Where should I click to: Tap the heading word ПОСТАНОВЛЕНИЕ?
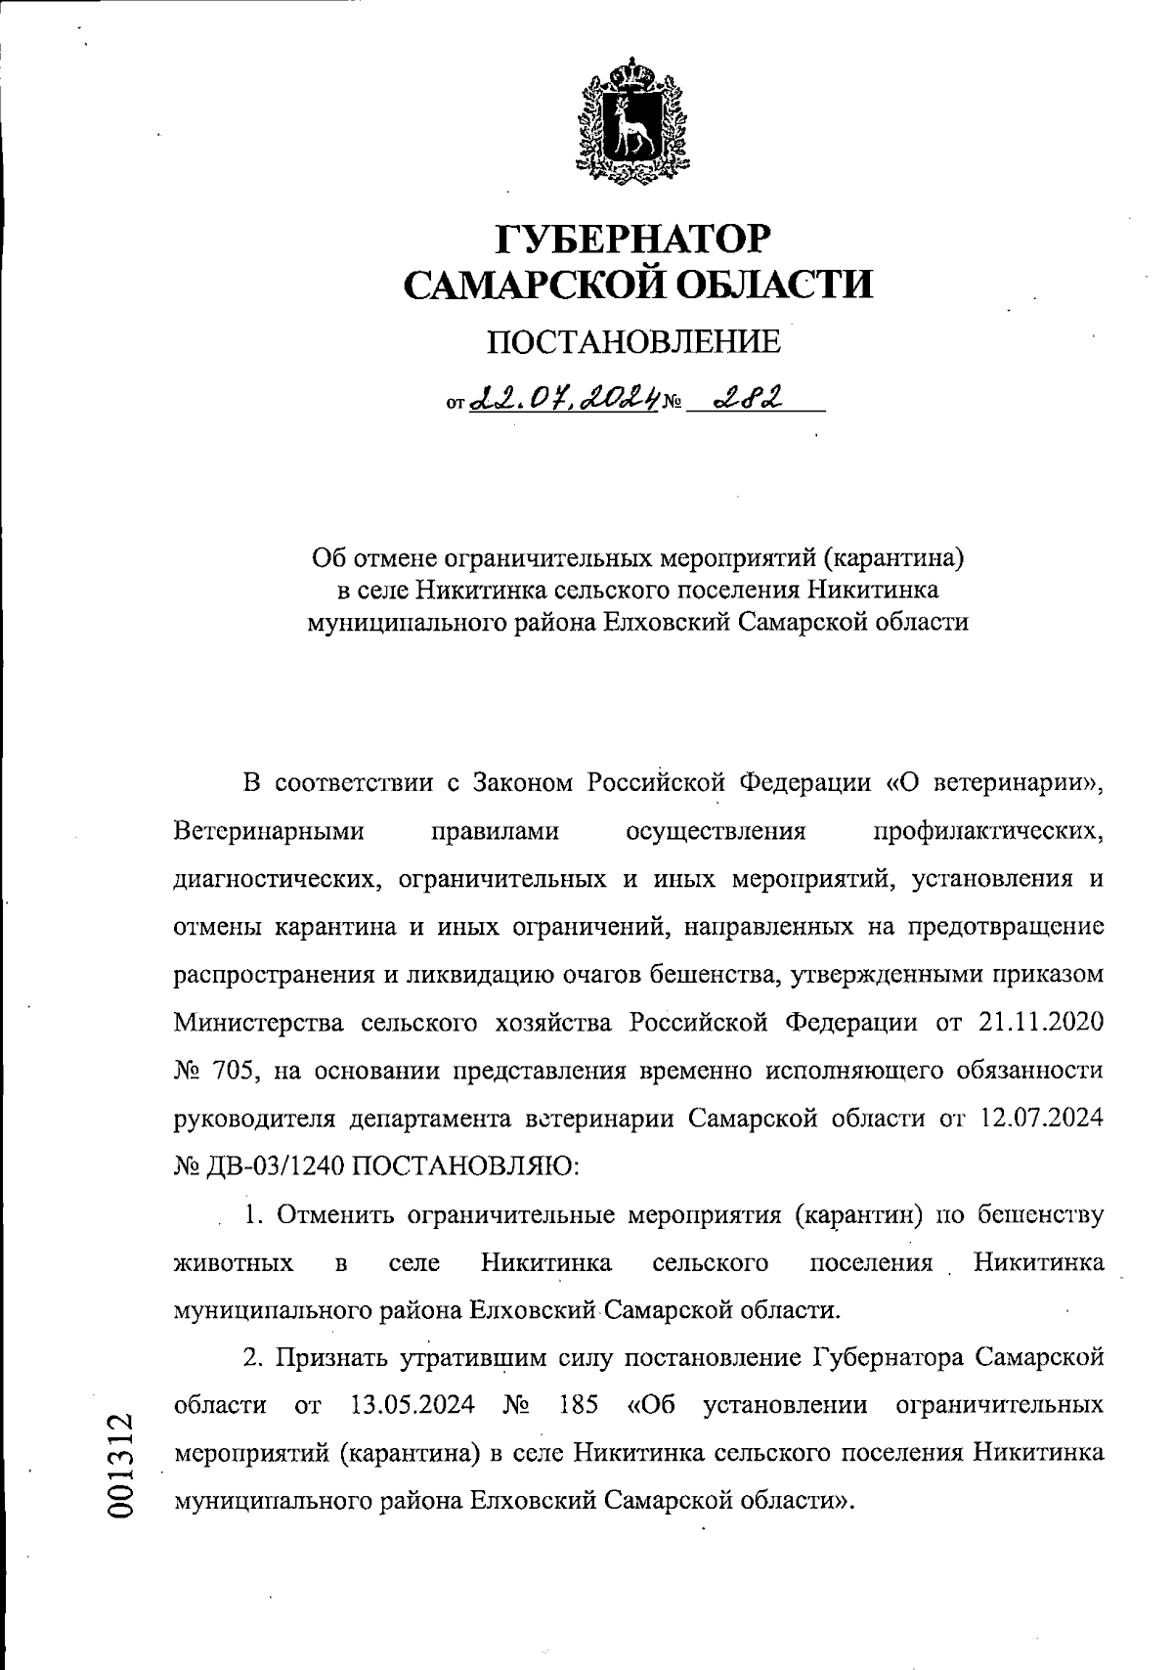tap(634, 341)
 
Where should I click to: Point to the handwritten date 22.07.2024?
tap(562, 398)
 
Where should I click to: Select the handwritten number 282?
tap(749, 398)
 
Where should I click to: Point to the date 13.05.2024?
tap(412, 1405)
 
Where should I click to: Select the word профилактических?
tap(988, 831)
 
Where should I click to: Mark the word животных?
tap(233, 1262)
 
